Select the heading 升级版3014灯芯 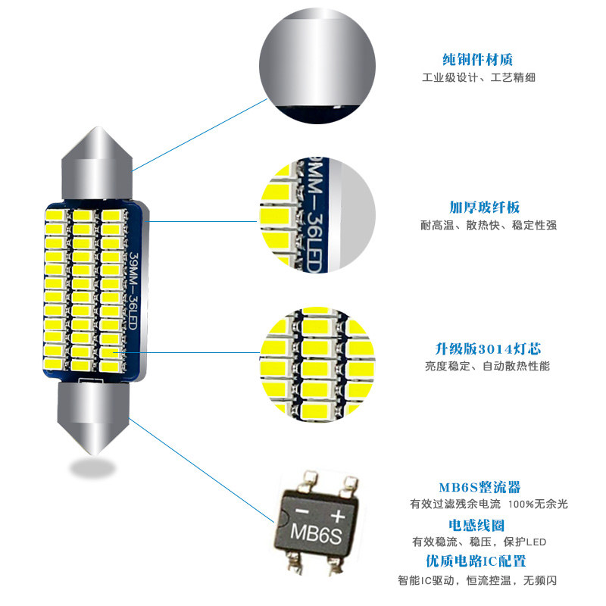488,349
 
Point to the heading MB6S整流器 479,487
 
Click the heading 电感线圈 476,525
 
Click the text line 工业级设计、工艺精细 479,78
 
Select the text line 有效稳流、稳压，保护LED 479,542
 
